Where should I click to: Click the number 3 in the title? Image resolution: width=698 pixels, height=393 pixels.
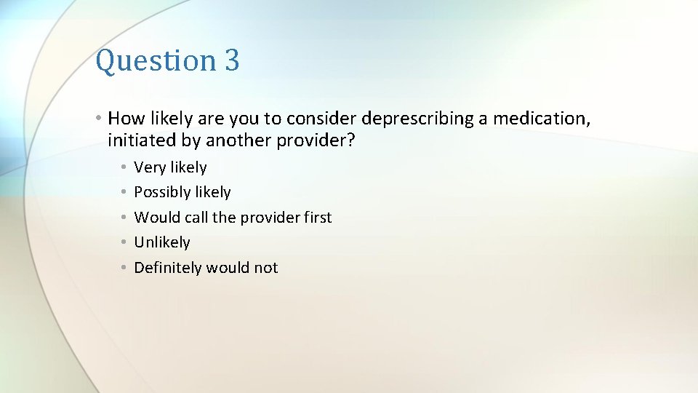pos(232,60)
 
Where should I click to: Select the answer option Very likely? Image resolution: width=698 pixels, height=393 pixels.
pos(170,167)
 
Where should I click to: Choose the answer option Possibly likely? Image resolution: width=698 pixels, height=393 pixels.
pos(182,192)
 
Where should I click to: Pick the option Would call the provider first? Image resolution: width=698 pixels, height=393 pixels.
pos(233,218)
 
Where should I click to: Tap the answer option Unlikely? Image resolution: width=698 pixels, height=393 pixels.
pos(162,242)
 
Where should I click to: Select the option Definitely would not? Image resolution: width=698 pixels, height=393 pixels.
pos(206,268)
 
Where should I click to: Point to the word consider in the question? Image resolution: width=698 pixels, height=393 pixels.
pos(324,118)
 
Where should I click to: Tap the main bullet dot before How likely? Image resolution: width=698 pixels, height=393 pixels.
pos(100,118)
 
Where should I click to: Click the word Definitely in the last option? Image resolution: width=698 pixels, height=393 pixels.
pos(168,268)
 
